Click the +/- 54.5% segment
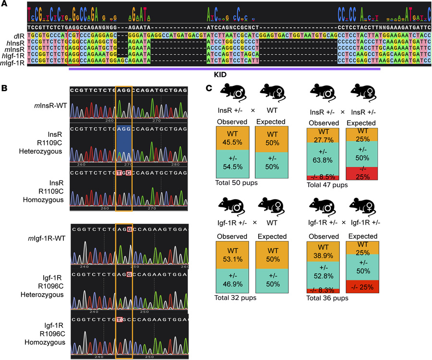232,164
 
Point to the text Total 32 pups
235,298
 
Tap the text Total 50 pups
235,183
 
